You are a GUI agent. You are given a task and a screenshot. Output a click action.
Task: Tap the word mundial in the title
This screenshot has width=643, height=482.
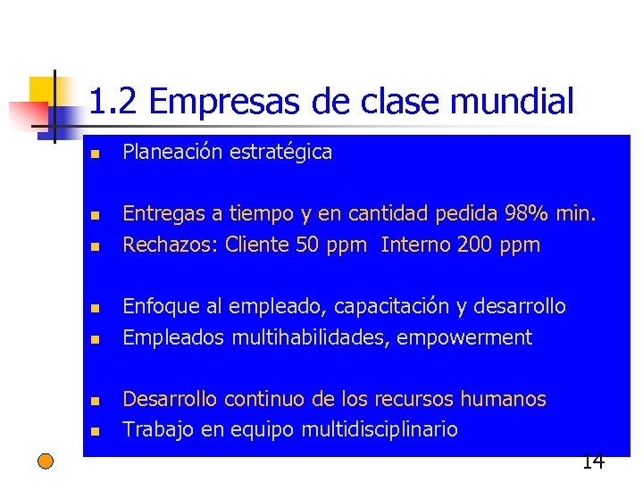click(513, 103)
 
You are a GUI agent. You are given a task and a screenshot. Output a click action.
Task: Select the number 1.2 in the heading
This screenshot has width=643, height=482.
click(114, 103)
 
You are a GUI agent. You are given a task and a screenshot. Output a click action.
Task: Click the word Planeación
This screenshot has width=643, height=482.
click(171, 153)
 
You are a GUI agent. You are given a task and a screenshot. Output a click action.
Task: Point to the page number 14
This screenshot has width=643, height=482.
click(593, 461)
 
